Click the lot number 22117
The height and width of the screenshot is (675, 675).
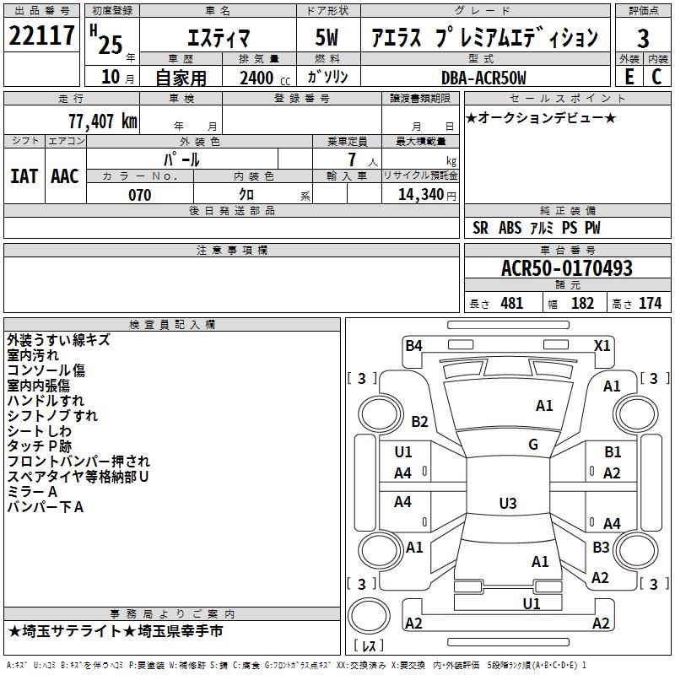point(41,35)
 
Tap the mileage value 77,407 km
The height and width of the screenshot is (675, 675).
point(103,121)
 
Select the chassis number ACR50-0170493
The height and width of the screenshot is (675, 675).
point(567,267)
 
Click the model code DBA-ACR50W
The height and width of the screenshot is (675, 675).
point(483,78)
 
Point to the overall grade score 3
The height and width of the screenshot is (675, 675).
point(643,38)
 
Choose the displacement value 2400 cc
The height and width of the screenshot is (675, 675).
point(265,78)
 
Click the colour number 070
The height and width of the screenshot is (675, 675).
point(140,195)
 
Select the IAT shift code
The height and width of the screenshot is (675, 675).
point(24,176)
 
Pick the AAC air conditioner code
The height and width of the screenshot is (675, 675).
point(65,176)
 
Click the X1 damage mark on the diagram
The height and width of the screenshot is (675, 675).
point(602,346)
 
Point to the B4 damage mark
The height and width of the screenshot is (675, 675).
point(413,345)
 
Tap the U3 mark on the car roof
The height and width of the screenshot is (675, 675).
point(508,503)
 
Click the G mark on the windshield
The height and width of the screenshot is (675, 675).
point(533,444)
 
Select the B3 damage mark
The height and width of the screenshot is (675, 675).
point(601,547)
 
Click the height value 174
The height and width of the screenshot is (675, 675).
point(650,304)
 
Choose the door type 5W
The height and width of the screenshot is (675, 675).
point(327,37)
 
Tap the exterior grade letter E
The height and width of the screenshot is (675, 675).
point(629,77)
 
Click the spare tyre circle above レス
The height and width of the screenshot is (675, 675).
point(369,615)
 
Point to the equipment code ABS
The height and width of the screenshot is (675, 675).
point(510,228)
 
